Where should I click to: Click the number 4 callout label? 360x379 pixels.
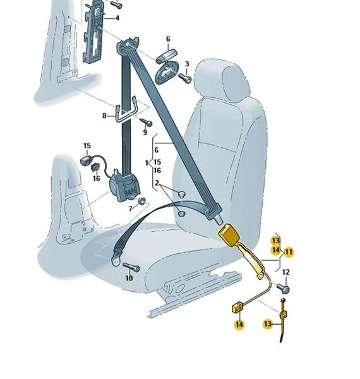pyautogui.click(x=117, y=18)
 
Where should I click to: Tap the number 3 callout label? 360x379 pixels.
pyautogui.click(x=187, y=64)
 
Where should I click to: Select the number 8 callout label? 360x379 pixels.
pyautogui.click(x=104, y=116)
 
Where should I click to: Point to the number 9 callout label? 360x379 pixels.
pyautogui.click(x=145, y=132)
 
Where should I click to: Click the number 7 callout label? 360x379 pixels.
pyautogui.click(x=131, y=208)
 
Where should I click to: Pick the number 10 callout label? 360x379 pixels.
pyautogui.click(x=129, y=278)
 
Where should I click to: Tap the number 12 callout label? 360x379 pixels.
pyautogui.click(x=285, y=272)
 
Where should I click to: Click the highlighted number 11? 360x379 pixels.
pyautogui.click(x=289, y=252)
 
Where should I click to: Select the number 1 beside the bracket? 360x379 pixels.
pyautogui.click(x=147, y=163)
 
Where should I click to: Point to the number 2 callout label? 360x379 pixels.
pyautogui.click(x=157, y=183)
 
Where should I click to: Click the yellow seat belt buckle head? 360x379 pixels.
pyautogui.click(x=229, y=234)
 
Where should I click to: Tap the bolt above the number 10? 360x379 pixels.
pyautogui.click(x=131, y=267)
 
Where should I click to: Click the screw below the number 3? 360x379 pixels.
pyautogui.click(x=185, y=78)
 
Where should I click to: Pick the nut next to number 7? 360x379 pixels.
pyautogui.click(x=142, y=200)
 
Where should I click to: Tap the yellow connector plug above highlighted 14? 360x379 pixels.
pyautogui.click(x=237, y=308)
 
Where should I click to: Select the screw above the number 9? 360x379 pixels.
pyautogui.click(x=146, y=123)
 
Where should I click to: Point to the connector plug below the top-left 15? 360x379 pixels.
pyautogui.click(x=86, y=160)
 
